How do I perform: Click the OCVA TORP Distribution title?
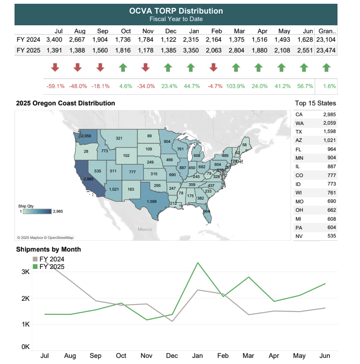point(176,11)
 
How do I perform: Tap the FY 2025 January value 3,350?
point(192,51)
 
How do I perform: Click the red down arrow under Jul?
point(55,67)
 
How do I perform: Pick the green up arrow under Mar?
point(236,67)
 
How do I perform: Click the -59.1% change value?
point(55,86)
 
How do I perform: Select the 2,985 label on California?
point(88,179)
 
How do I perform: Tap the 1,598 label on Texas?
point(151,202)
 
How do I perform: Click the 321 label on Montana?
point(119,138)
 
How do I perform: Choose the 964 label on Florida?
point(206,211)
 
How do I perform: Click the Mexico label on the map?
point(145,229)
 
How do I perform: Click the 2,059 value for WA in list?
point(329,123)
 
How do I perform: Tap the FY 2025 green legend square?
point(35,267)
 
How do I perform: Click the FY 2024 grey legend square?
point(35,259)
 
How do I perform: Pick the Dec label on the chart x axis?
point(172,356)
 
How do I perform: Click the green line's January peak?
point(198,263)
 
